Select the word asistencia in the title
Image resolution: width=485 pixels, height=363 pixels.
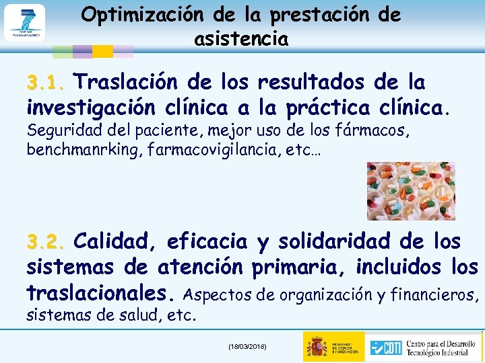[x=241, y=39]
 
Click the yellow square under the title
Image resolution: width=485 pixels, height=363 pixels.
[x=102, y=51]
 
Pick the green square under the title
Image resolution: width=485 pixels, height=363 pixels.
[x=63, y=51]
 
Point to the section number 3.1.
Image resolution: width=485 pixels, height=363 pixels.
[x=45, y=85]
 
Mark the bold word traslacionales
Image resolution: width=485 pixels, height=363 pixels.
[x=96, y=293]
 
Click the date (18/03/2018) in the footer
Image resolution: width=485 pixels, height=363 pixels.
[x=247, y=346]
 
